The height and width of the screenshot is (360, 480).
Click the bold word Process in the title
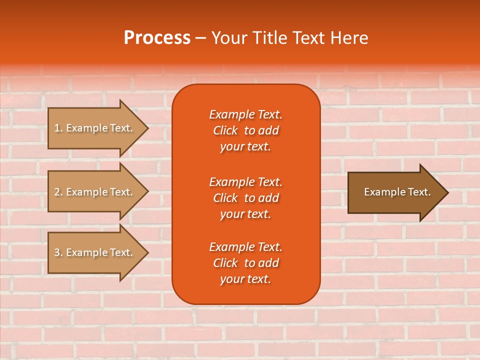pos(157,38)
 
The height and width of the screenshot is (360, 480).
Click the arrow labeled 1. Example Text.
pos(95,128)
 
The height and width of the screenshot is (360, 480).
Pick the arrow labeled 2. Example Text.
pos(95,192)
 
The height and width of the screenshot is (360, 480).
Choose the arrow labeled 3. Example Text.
pos(95,252)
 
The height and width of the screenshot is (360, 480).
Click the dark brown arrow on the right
pos(395,192)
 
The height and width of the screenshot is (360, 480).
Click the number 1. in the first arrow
pos(58,128)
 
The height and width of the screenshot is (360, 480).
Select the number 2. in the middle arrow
pos(58,192)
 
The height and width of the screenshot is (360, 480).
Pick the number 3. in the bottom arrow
pos(58,252)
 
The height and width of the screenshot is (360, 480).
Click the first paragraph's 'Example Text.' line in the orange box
pos(245,114)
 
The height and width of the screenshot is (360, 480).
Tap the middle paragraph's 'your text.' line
pos(245,214)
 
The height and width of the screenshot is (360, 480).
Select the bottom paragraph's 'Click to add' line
pos(245,263)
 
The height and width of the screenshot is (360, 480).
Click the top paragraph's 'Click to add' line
pos(245,130)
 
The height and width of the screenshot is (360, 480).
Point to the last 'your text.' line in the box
pos(245,279)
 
